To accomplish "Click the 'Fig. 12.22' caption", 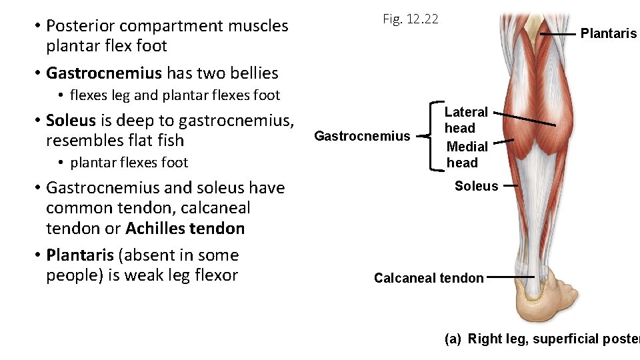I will [x=410, y=19].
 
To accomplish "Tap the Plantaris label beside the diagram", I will [x=608, y=33].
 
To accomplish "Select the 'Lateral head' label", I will [x=466, y=120].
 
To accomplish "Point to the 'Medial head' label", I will [x=467, y=154].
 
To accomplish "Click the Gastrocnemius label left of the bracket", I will [x=362, y=136].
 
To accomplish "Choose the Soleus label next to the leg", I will [x=476, y=186].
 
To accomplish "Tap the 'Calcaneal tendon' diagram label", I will [x=429, y=278].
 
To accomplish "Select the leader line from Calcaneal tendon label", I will [x=510, y=276].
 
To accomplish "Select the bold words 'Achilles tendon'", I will [x=185, y=229].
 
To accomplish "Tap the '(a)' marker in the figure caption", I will [x=453, y=339].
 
